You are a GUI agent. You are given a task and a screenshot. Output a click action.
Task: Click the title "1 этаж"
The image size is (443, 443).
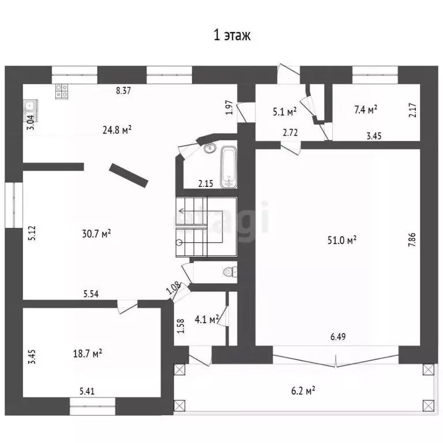point(232,36)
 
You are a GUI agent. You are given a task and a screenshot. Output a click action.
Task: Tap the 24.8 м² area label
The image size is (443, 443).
point(117,130)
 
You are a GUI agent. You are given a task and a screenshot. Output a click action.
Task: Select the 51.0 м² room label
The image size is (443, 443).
point(342,240)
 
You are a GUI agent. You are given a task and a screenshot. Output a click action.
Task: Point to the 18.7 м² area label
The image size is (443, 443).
point(88,354)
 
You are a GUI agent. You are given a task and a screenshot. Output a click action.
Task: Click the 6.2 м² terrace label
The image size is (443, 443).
point(303,391)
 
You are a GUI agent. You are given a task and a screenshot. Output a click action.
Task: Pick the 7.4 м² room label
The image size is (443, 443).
point(366,110)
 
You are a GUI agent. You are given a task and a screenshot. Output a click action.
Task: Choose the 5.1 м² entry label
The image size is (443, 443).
point(285,111)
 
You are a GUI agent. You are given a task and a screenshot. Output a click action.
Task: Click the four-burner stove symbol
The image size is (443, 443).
point(62,91)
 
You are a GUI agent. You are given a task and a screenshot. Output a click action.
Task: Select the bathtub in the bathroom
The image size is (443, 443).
point(228,167)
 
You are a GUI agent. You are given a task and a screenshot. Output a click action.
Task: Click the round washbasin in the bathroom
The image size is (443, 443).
point(209,148)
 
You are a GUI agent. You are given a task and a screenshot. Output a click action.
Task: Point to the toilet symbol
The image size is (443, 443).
point(230,272)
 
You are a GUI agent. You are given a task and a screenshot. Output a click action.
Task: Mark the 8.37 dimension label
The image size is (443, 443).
point(123,91)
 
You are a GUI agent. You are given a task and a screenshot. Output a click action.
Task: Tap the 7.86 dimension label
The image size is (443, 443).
point(412,239)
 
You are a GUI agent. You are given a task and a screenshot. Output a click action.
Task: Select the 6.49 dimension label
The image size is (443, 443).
point(338,336)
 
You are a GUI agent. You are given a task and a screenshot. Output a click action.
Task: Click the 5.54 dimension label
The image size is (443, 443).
point(91,294)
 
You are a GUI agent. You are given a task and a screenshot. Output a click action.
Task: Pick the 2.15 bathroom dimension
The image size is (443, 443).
point(206,183)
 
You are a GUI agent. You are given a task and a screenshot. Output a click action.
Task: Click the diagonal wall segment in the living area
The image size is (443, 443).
point(129,175)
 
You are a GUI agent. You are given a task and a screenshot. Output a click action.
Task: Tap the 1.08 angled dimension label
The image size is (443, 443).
point(173,288)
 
